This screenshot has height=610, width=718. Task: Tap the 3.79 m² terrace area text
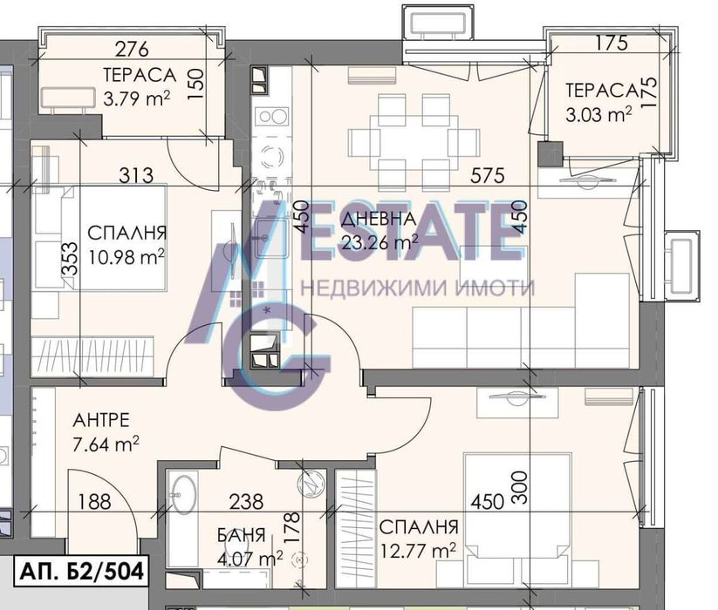(137, 98)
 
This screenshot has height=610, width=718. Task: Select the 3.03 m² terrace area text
(599, 114)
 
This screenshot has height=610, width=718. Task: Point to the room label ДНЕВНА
(379, 219)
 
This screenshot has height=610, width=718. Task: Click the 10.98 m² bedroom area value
(127, 257)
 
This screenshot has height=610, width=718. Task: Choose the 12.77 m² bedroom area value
(418, 550)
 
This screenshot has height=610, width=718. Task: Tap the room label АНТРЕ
(101, 420)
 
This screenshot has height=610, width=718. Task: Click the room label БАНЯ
(242, 535)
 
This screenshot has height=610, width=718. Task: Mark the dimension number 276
(132, 50)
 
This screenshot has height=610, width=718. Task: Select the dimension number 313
(136, 175)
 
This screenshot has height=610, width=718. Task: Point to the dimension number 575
(487, 175)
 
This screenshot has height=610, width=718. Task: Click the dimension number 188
(94, 502)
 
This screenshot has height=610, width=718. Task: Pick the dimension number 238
(246, 502)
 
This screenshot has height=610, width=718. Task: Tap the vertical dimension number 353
(70, 259)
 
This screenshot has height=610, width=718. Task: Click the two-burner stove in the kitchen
(271, 117)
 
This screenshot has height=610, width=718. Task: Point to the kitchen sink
(270, 238)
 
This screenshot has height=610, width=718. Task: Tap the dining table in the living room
(414, 143)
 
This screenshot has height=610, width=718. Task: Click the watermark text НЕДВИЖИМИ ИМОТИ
(417, 288)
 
